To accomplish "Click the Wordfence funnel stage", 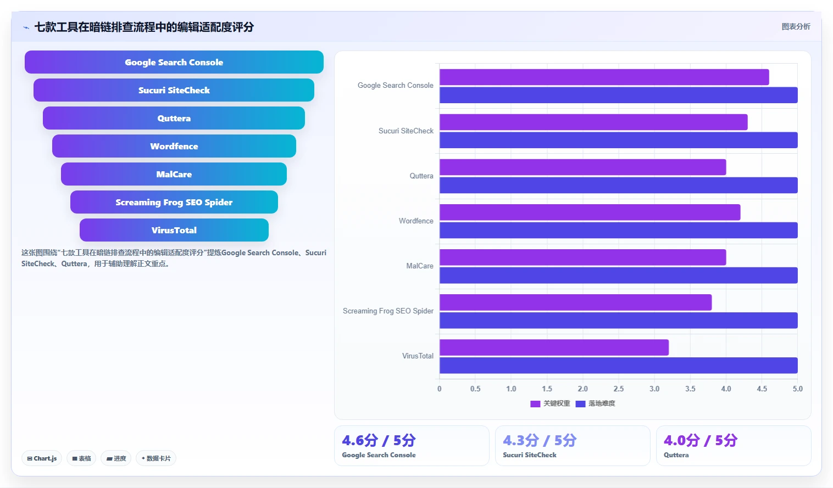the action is click(x=174, y=146).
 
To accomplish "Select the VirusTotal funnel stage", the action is click(x=174, y=230).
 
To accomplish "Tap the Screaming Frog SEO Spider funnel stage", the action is click(x=174, y=202).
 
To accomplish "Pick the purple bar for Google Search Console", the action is click(x=604, y=77).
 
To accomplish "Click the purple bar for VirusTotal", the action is click(x=554, y=347).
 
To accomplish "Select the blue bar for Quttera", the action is click(x=618, y=185).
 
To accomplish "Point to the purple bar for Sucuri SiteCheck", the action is click(x=593, y=122).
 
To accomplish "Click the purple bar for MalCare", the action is click(x=583, y=257).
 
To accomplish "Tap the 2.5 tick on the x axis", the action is click(x=618, y=389).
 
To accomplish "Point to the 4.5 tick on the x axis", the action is click(x=762, y=389).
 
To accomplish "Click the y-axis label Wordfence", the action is click(x=416, y=221).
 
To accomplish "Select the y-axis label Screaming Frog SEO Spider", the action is click(x=388, y=311).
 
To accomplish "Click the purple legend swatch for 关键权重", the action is click(x=535, y=403).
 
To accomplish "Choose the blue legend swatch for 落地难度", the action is click(x=580, y=403).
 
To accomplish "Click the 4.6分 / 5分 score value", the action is click(x=379, y=440).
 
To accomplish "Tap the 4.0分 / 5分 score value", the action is click(x=701, y=440).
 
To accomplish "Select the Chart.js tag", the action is click(x=42, y=458).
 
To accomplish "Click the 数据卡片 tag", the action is click(x=156, y=458).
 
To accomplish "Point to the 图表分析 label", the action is click(x=796, y=27).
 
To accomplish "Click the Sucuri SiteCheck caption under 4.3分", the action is click(x=530, y=455).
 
